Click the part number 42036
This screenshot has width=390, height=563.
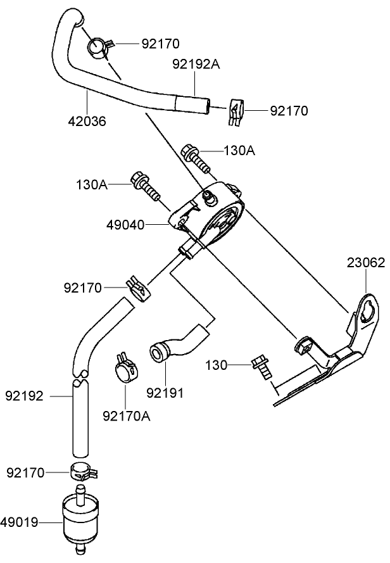[87, 120]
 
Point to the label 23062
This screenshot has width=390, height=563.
[365, 263]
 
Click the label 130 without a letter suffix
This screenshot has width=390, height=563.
[217, 365]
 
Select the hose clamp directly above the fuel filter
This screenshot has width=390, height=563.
[81, 472]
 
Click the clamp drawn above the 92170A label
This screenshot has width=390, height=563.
[127, 368]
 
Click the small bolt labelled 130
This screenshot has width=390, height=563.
[261, 367]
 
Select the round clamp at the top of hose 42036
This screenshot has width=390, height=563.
[99, 47]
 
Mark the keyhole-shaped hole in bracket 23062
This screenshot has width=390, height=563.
[367, 312]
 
